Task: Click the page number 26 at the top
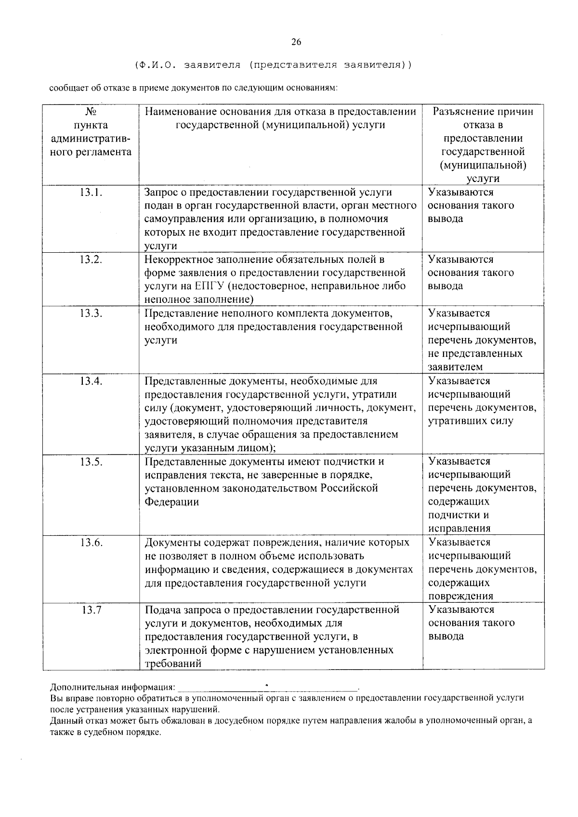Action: [x=296, y=42]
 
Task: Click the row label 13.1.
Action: [x=91, y=193]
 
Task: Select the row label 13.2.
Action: [x=91, y=260]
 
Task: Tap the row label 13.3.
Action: [x=91, y=313]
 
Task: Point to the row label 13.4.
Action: [x=91, y=381]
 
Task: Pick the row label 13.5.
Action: [x=91, y=462]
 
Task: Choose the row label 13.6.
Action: [x=91, y=543]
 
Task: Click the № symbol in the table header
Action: [x=91, y=112]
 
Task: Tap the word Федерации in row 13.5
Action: [x=172, y=502]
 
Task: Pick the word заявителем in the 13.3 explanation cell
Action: [x=455, y=367]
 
